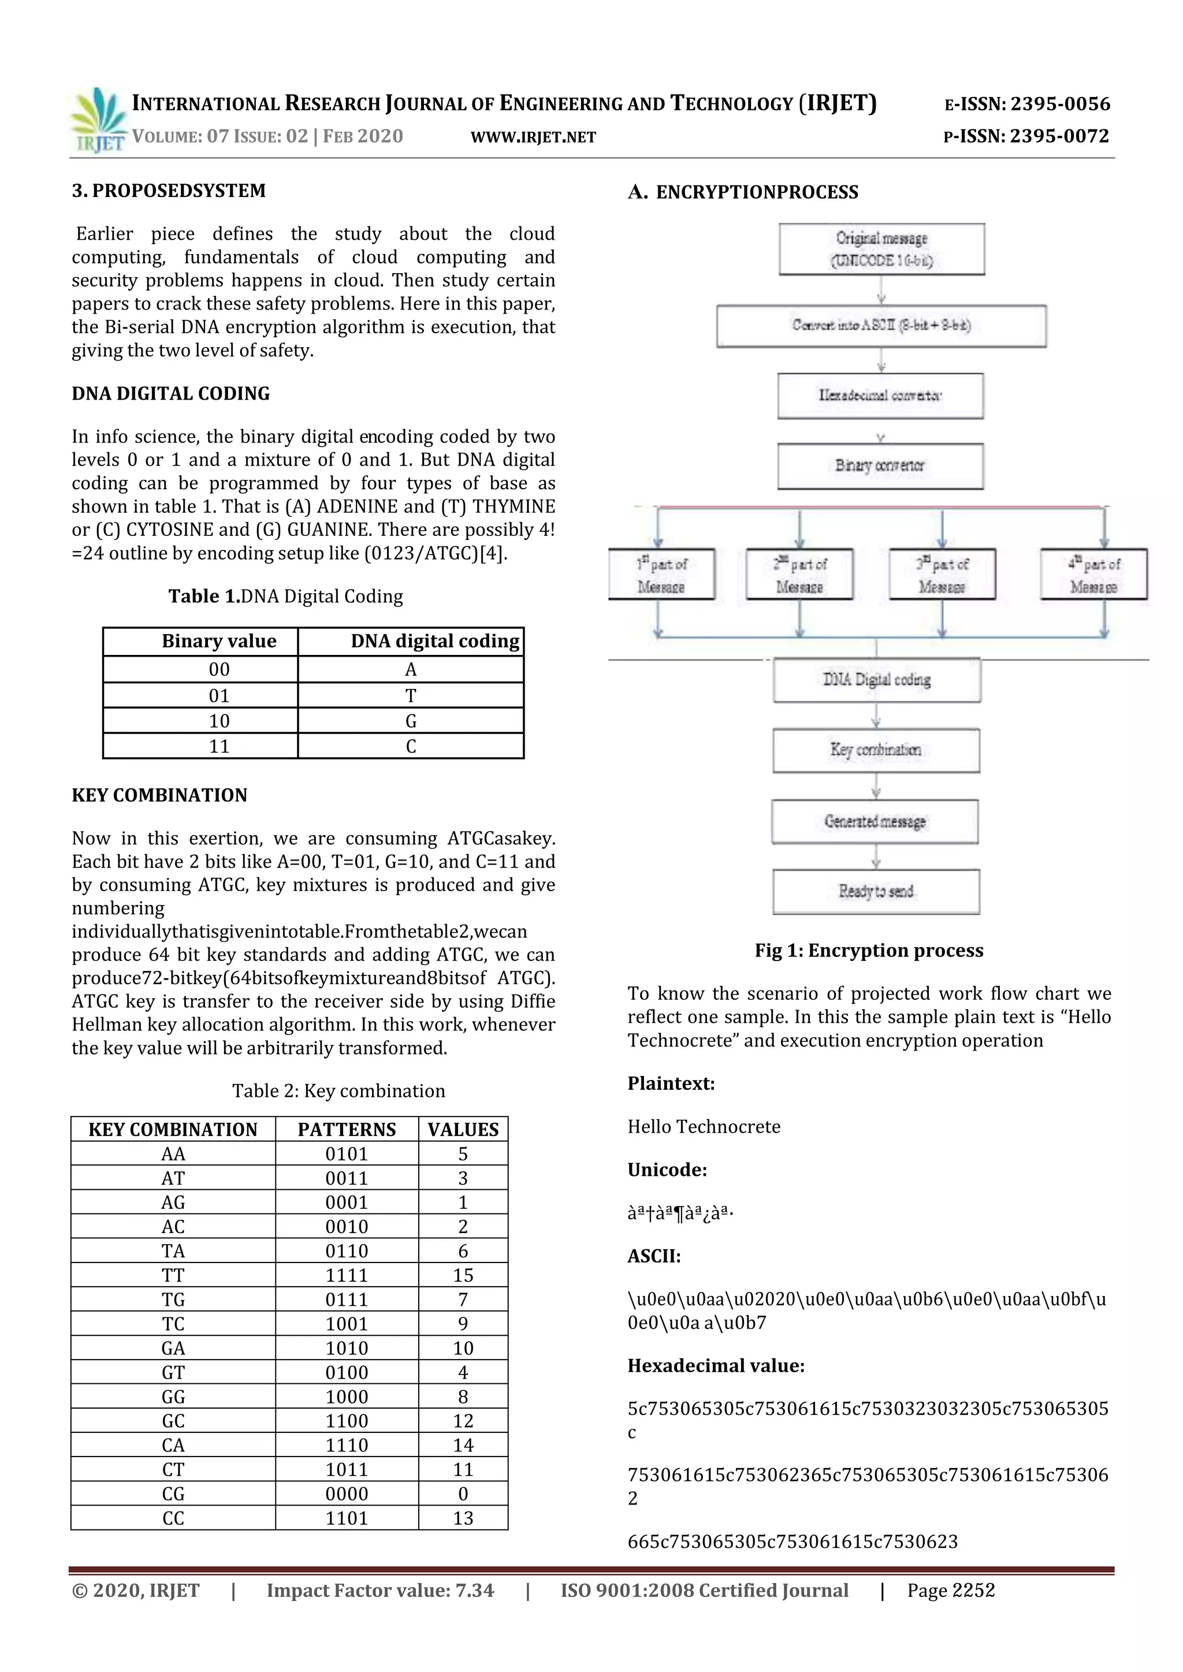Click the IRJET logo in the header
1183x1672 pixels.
pos(98,120)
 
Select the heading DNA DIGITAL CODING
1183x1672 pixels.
pos(170,394)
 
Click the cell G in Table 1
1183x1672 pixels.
pos(411,721)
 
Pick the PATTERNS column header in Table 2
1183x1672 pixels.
pos(347,1130)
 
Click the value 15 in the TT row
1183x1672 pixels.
pos(463,1275)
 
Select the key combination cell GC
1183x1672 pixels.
pos(173,1421)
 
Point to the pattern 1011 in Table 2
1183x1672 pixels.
pos(347,1469)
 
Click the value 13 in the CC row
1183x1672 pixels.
pos(463,1518)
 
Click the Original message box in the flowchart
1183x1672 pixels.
pos(881,249)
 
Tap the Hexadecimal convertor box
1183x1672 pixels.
pos(880,396)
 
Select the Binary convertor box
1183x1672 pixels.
pos(880,466)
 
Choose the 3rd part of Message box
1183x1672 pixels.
pos(942,575)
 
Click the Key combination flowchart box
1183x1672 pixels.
pos(876,750)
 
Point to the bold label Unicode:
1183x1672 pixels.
pos(667,1170)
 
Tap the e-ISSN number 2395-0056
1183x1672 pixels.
pos(1060,104)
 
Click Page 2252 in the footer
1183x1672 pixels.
pos(951,1591)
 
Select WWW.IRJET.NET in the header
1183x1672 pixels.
pos(533,137)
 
